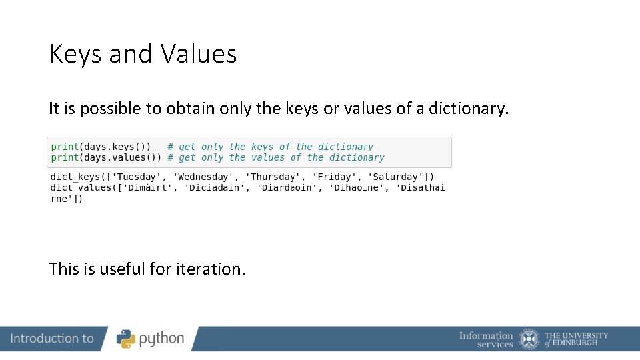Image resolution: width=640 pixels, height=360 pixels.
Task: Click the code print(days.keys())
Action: [101, 147]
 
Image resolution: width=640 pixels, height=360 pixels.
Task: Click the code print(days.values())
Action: [106, 157]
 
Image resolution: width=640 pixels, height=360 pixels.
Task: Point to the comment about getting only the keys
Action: [270, 147]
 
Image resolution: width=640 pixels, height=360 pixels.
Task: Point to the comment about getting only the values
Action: [275, 157]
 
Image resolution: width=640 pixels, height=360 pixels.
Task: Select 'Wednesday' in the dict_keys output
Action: [203, 177]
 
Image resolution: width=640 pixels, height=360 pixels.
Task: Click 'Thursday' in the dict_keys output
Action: [273, 177]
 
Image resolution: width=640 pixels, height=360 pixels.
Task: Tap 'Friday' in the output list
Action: [337, 177]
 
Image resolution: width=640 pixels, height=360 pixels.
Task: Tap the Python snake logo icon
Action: [126, 339]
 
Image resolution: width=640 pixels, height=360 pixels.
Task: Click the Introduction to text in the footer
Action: [52, 339]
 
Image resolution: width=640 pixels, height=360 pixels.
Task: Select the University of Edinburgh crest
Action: [529, 339]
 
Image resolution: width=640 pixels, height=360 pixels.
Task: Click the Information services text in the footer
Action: [486, 339]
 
